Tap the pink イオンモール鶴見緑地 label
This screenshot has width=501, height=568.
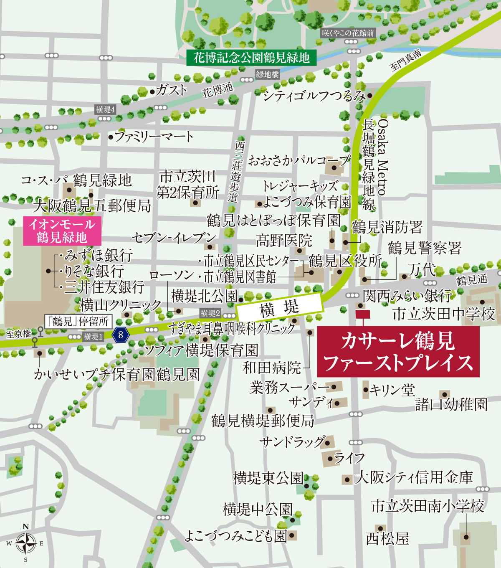point(62,231)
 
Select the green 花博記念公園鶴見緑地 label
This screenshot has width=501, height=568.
point(251,58)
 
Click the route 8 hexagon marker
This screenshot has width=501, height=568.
point(121,335)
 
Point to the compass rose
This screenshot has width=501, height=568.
point(25,543)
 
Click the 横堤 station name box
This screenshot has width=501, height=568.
point(279,308)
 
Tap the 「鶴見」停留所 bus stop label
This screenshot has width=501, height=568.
point(78,321)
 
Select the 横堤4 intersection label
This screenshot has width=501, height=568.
point(105,109)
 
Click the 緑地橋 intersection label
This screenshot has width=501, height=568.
point(267,74)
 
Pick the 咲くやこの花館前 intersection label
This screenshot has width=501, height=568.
point(348,33)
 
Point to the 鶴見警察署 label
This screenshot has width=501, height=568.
point(425,248)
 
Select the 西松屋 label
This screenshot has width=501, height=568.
point(387,539)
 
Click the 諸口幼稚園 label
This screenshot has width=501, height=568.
point(451,404)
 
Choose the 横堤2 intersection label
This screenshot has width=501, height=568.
point(210,313)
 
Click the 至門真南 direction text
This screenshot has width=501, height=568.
point(405,61)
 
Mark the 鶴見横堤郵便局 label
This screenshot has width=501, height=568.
point(263,421)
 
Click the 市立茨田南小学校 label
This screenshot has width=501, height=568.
point(428,506)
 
